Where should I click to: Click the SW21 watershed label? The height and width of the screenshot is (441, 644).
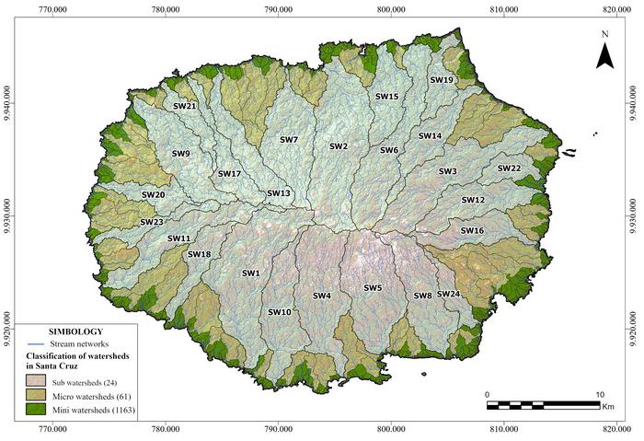click(x=185, y=106)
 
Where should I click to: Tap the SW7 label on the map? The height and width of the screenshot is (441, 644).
click(x=289, y=140)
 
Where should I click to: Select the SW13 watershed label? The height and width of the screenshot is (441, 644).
click(x=279, y=193)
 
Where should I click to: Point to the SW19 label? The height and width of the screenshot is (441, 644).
click(x=443, y=80)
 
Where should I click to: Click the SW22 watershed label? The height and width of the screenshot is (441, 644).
click(x=510, y=168)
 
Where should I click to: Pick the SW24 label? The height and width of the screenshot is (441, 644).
click(x=449, y=294)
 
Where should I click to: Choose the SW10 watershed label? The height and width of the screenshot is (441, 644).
click(x=280, y=312)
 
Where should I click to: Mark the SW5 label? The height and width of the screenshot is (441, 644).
click(x=373, y=288)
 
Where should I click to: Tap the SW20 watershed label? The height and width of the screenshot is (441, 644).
click(x=153, y=195)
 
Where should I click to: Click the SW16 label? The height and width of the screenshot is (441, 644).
click(x=472, y=230)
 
